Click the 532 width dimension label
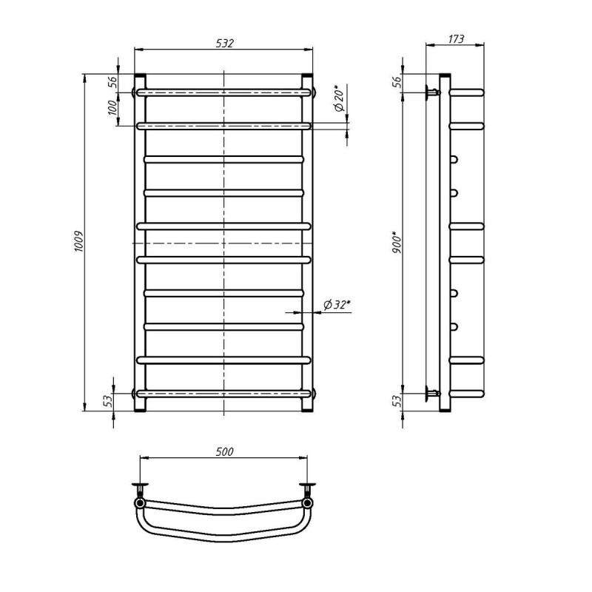click(225, 44)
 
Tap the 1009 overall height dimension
click(78, 241)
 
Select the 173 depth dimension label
click(456, 39)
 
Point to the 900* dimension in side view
click(397, 242)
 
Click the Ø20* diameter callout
click(339, 98)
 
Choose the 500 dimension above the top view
click(225, 451)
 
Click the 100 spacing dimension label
click(112, 107)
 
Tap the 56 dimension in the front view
click(112, 81)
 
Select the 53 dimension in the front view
click(108, 400)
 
